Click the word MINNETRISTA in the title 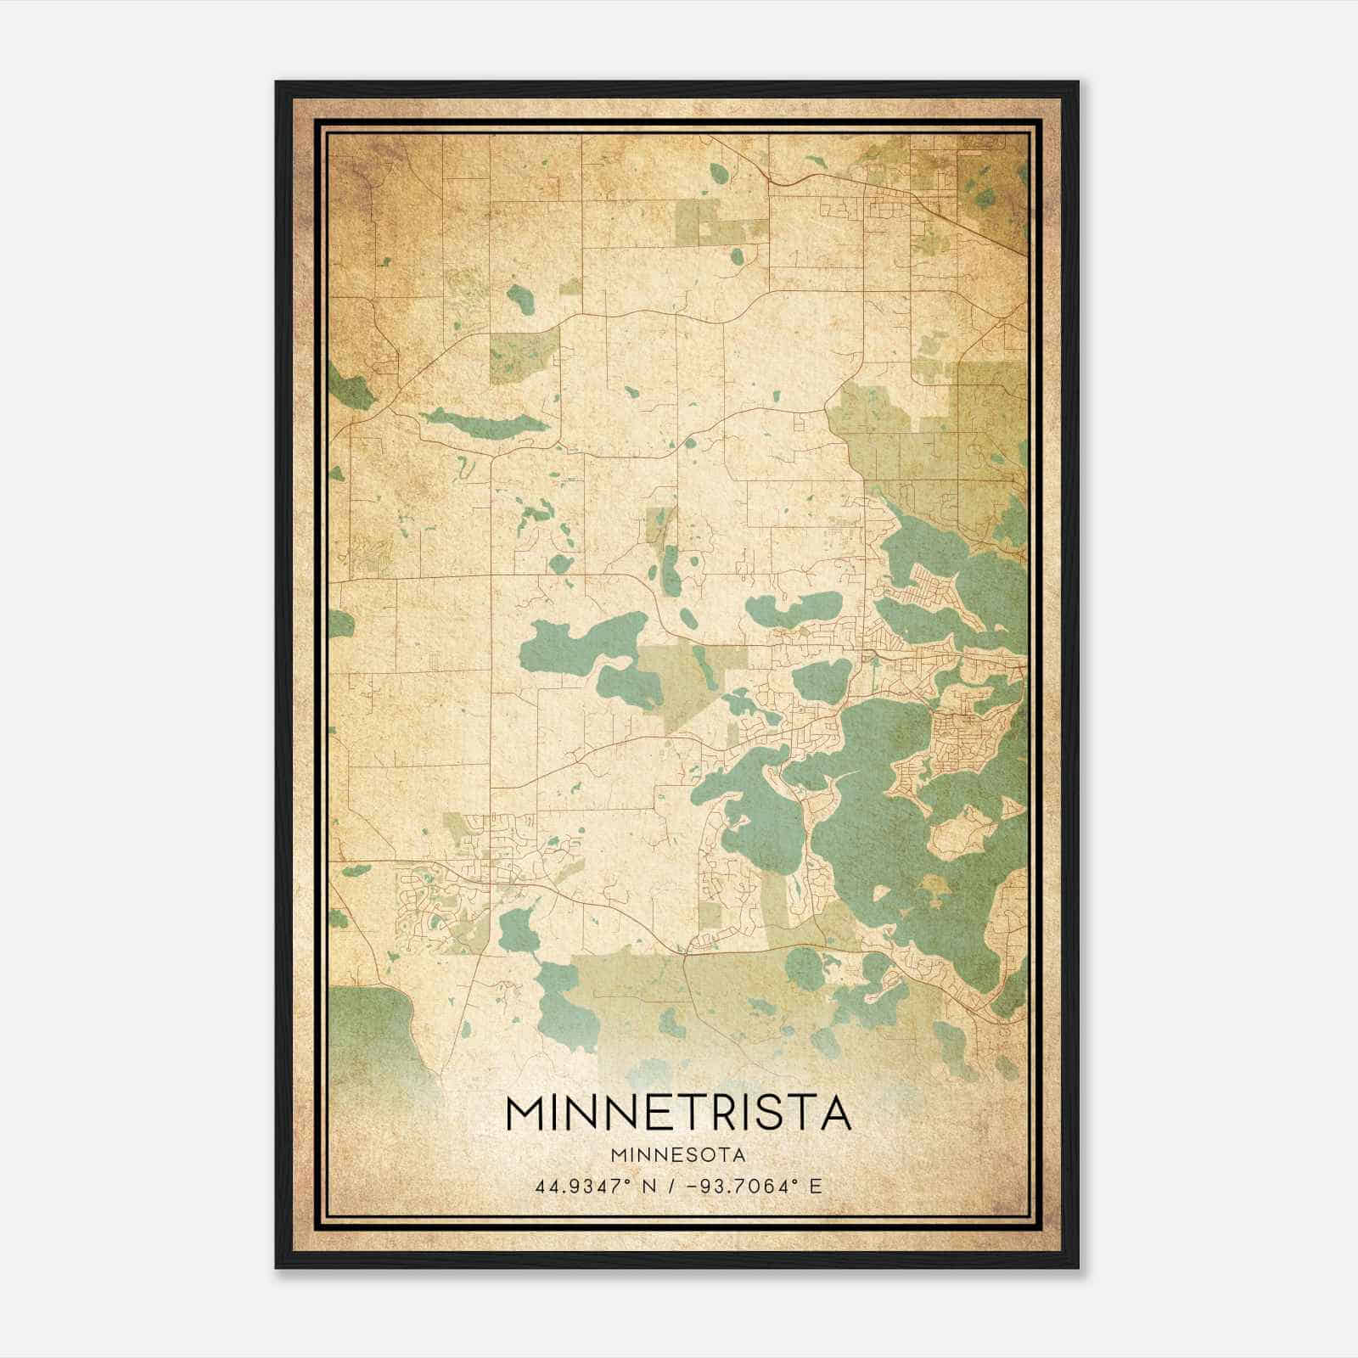(x=678, y=1114)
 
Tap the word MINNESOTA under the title (x=678, y=1155)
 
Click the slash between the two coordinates (x=673, y=1186)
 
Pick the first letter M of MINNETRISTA (x=525, y=1114)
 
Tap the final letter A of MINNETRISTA (x=834, y=1114)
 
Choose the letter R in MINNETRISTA (x=721, y=1114)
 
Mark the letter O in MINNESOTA (x=711, y=1155)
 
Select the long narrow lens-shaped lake (x=484, y=422)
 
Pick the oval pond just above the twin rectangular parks (x=719, y=173)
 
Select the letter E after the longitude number (x=816, y=1186)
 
